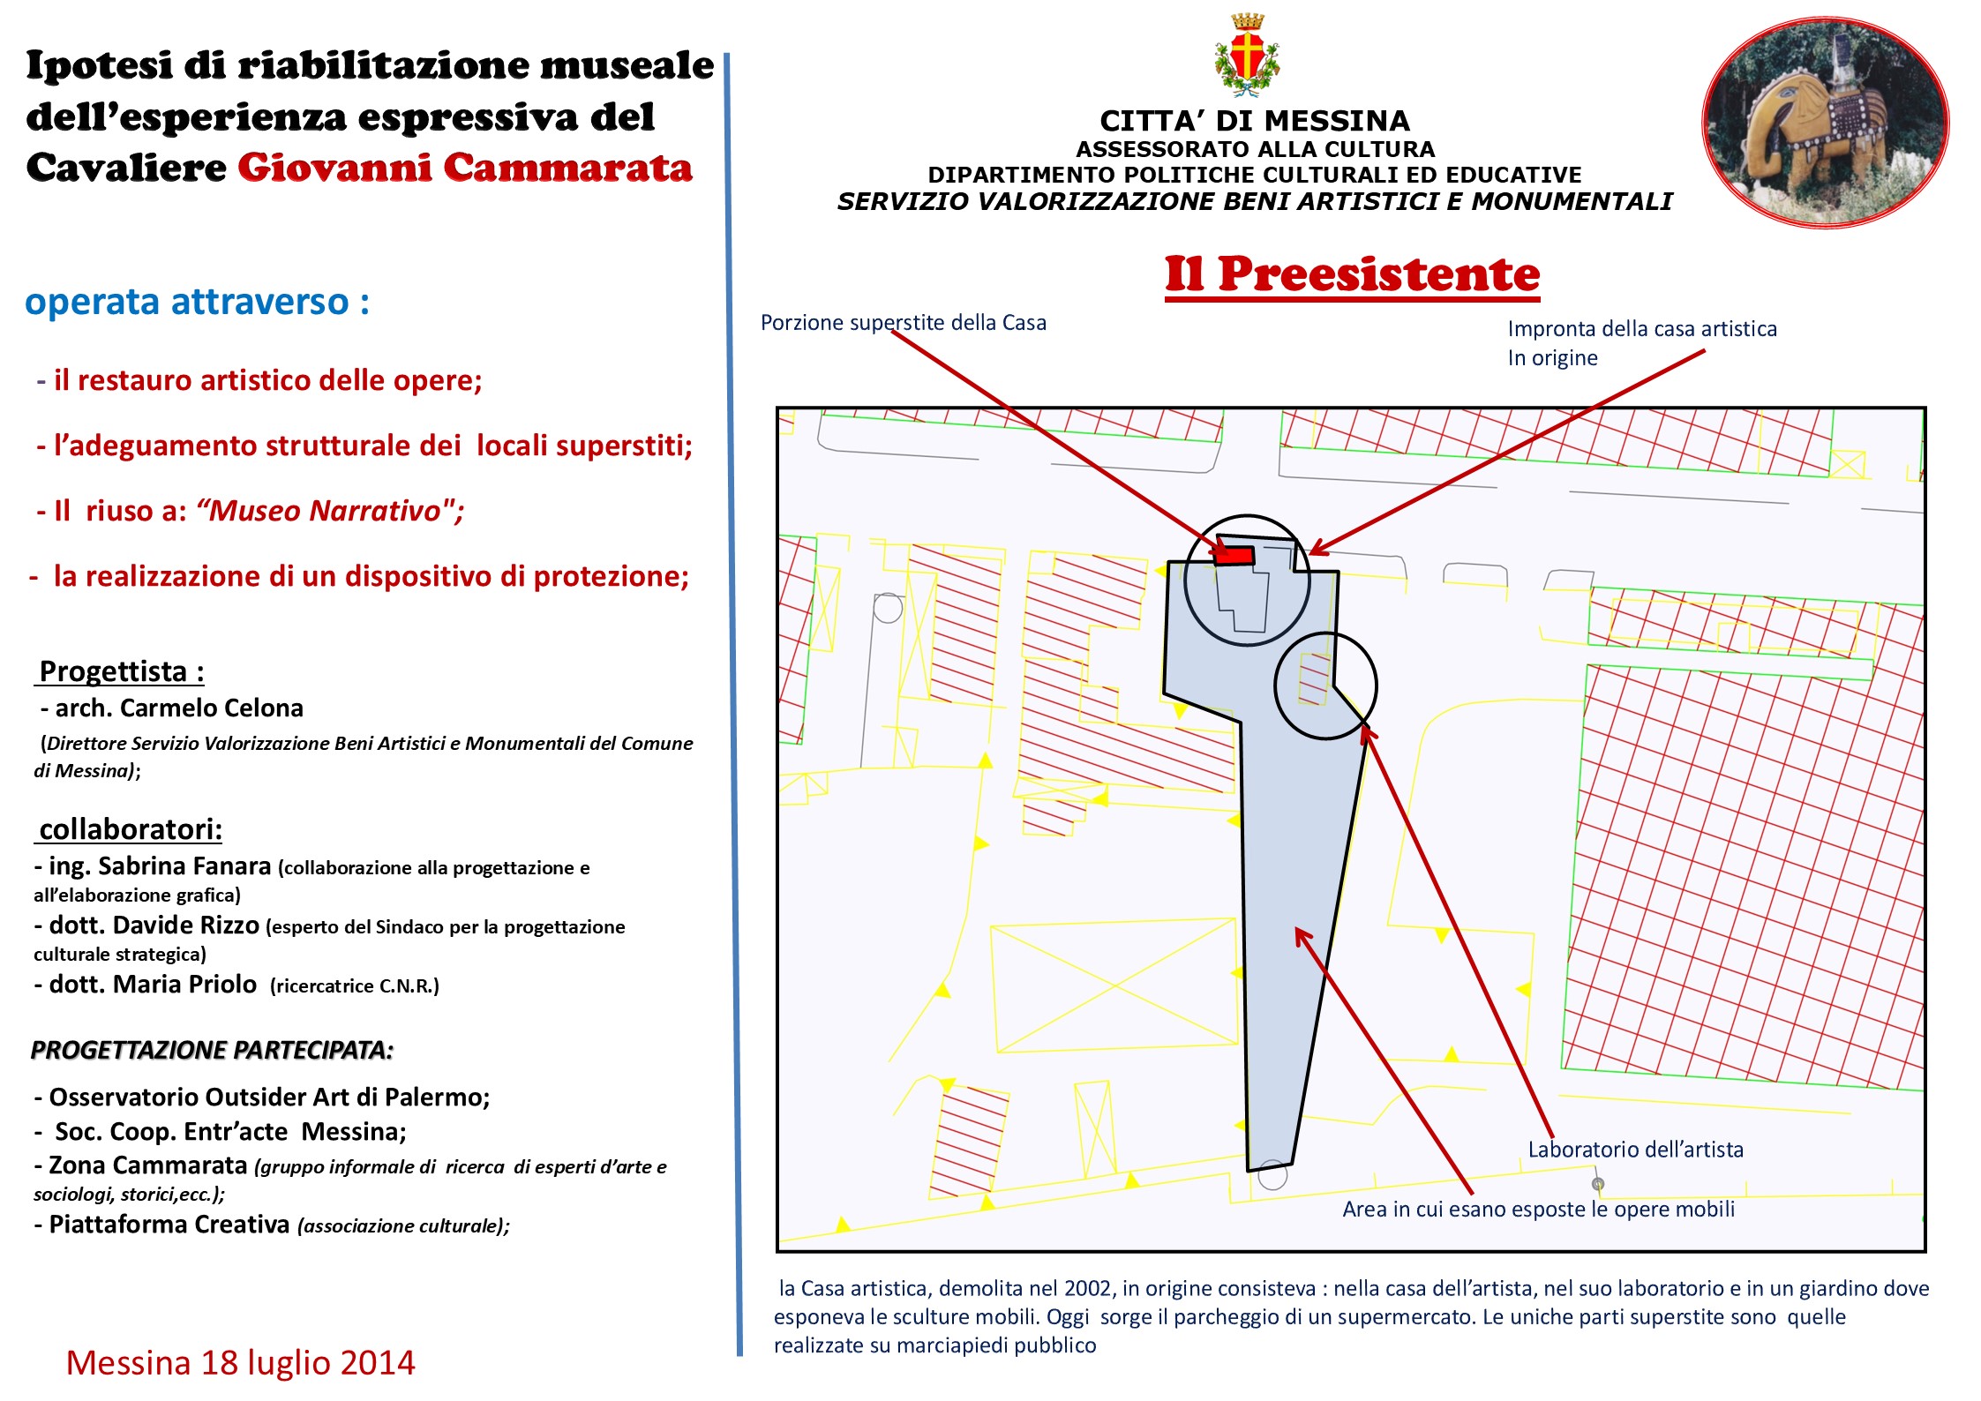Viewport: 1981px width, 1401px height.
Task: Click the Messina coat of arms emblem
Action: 1247,55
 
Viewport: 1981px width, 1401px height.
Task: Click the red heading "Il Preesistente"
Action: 1352,274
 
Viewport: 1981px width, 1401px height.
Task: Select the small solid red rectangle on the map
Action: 1234,556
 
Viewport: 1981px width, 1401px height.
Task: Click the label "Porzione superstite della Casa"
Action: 903,323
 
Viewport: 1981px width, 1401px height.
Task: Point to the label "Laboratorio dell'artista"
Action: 1635,1150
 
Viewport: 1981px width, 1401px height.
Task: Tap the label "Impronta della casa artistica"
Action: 1641,329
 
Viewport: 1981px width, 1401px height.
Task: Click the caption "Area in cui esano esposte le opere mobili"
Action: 1538,1209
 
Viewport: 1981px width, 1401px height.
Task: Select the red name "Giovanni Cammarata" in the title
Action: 465,168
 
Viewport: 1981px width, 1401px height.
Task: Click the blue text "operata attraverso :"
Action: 197,302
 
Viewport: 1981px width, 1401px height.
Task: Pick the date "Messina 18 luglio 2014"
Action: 240,1362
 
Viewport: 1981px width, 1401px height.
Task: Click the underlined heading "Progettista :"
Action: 122,671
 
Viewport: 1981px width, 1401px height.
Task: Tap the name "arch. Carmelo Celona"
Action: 178,708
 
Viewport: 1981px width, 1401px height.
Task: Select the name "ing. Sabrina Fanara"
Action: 159,866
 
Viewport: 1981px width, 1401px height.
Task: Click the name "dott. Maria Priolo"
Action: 153,985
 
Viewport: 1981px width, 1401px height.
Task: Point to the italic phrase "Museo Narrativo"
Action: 324,511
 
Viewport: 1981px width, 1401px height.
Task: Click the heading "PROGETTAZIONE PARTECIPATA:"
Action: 212,1050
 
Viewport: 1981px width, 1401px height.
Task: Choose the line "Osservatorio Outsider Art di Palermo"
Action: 268,1097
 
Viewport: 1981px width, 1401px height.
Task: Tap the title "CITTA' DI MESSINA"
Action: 1254,121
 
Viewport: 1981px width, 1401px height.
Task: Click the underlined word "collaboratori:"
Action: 131,829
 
